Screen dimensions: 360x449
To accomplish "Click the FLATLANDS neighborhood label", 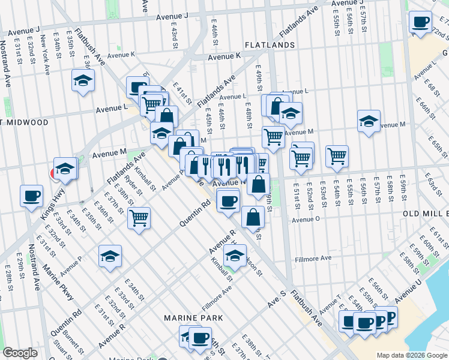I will click(x=269, y=45).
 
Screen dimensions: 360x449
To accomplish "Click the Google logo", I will click(x=20, y=353).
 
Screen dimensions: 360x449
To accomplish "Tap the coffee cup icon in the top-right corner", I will click(x=420, y=22).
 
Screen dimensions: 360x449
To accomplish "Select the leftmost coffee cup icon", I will click(x=31, y=195).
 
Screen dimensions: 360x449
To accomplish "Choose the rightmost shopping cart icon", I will click(x=337, y=155).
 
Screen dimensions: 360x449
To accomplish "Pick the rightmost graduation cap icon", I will click(x=369, y=121).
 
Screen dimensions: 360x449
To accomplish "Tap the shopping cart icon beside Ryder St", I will click(x=139, y=217).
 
